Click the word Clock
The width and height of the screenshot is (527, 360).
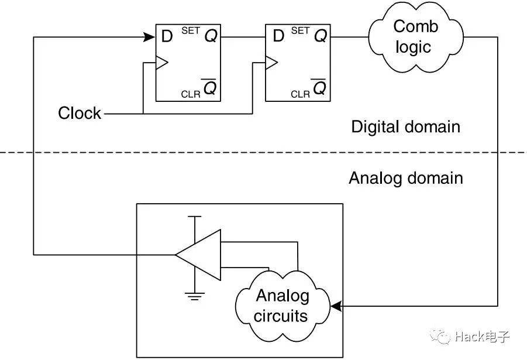click(80, 113)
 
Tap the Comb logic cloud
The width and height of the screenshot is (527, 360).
click(415, 36)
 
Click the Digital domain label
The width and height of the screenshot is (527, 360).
click(405, 126)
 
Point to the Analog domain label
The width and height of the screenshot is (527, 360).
click(405, 177)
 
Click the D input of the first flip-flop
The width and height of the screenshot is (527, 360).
click(167, 36)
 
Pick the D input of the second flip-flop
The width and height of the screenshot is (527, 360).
click(278, 36)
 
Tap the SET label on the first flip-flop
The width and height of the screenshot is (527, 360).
click(191, 30)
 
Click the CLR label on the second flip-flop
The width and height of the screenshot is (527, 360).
click(300, 94)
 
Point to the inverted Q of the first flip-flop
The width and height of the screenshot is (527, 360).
click(209, 88)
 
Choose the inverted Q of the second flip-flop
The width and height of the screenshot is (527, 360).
click(319, 88)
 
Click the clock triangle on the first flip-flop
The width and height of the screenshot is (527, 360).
click(161, 61)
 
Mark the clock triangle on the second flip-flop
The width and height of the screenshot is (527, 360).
click(271, 61)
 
